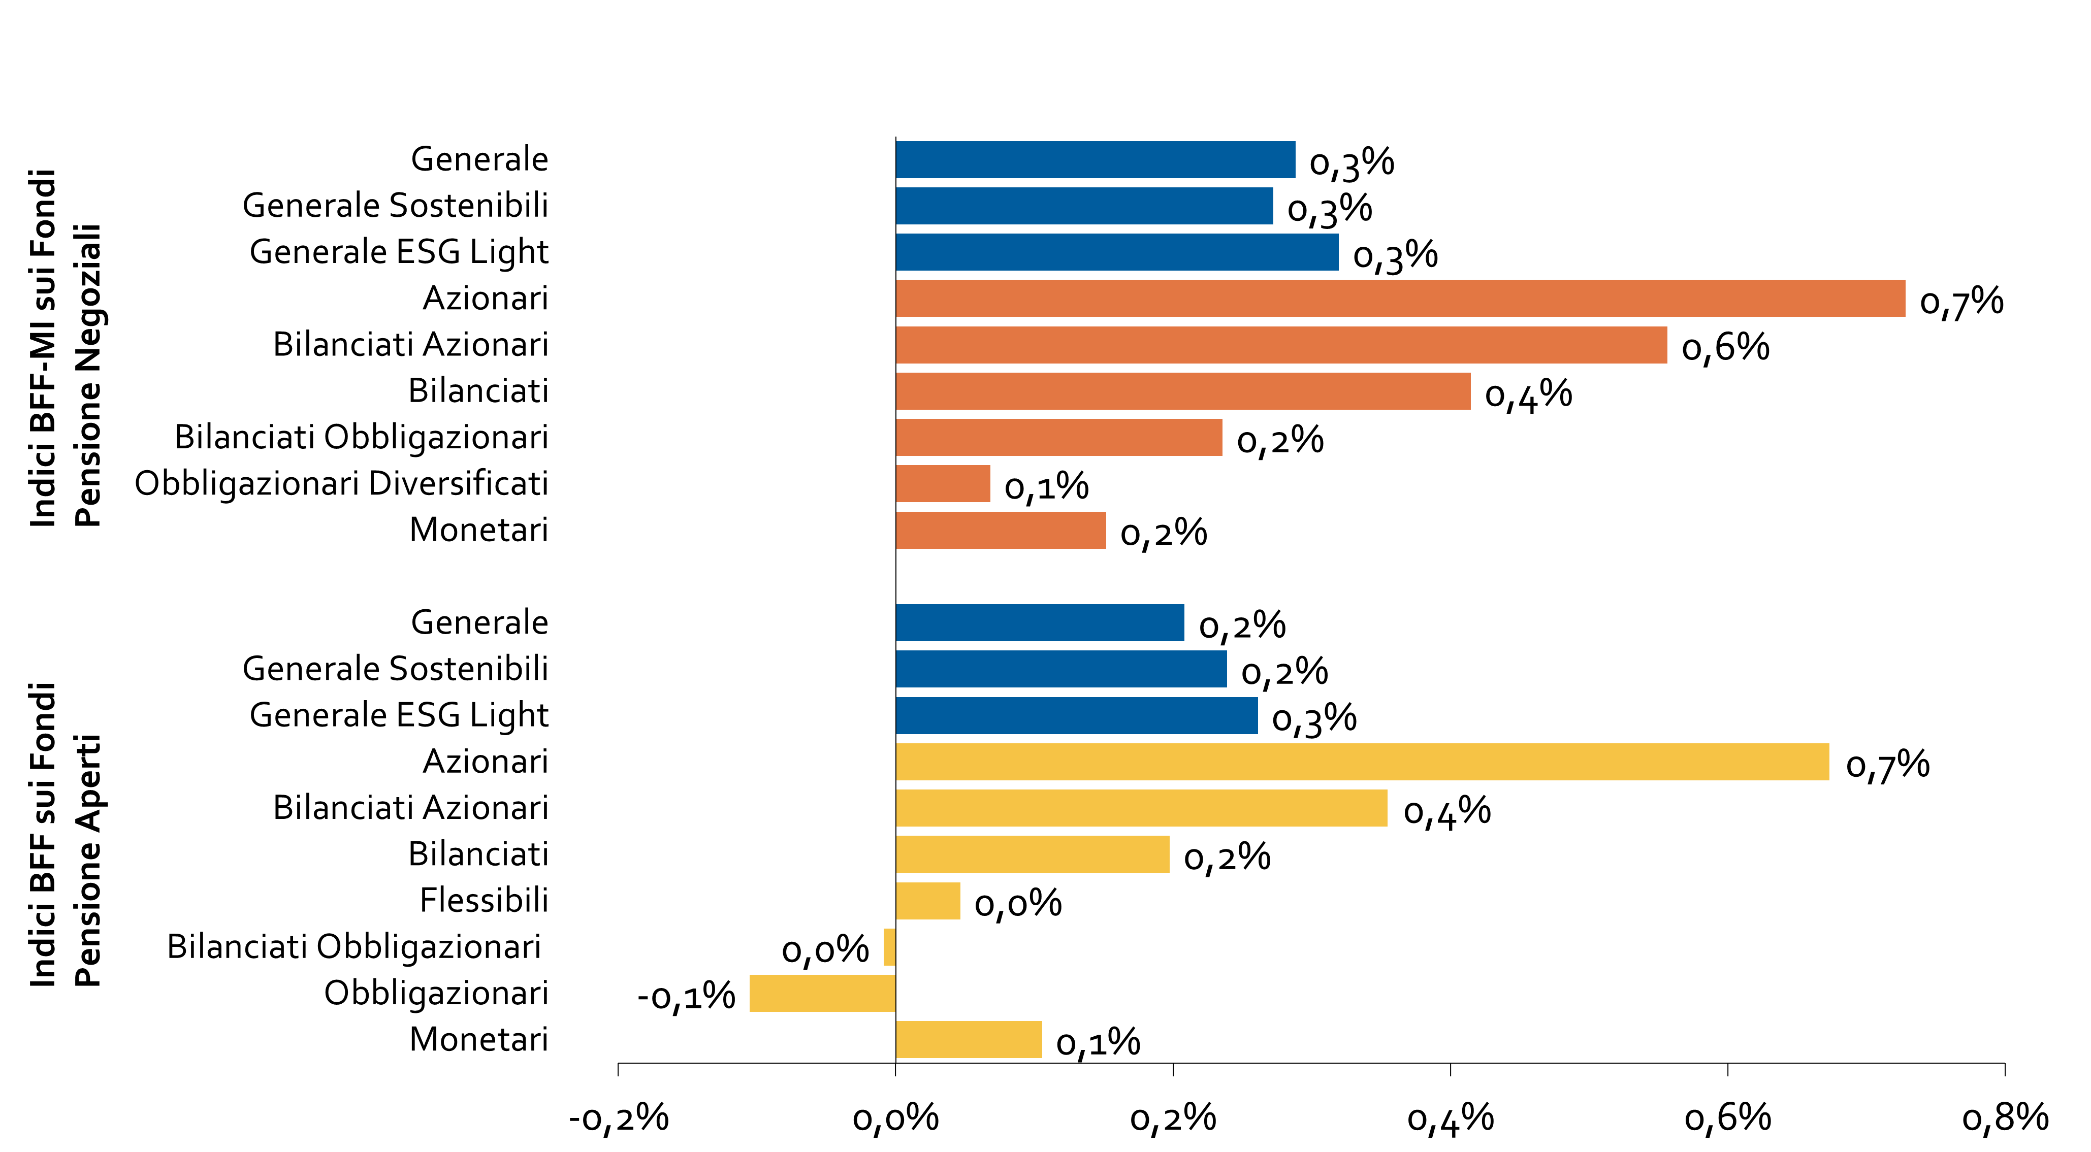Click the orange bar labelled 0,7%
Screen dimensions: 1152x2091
tap(1400, 299)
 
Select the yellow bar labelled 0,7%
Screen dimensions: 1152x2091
tap(1362, 762)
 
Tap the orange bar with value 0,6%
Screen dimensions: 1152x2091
tap(1281, 345)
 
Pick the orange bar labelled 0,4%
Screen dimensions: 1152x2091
tap(1183, 391)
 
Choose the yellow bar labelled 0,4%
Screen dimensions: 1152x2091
tap(1141, 808)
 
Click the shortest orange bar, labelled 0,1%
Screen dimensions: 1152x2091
tap(943, 483)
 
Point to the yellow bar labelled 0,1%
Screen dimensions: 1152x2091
tap(969, 1039)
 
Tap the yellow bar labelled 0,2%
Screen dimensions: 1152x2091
tap(1033, 854)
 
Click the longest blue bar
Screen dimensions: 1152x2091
tap(1117, 252)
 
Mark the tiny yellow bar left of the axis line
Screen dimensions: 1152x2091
tap(890, 947)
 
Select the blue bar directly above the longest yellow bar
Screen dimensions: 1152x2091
tap(1076, 715)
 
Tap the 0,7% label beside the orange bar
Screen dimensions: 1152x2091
tap(1961, 302)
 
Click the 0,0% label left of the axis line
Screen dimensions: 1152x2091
tap(825, 950)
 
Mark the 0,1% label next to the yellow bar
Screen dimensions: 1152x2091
tap(1098, 1042)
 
